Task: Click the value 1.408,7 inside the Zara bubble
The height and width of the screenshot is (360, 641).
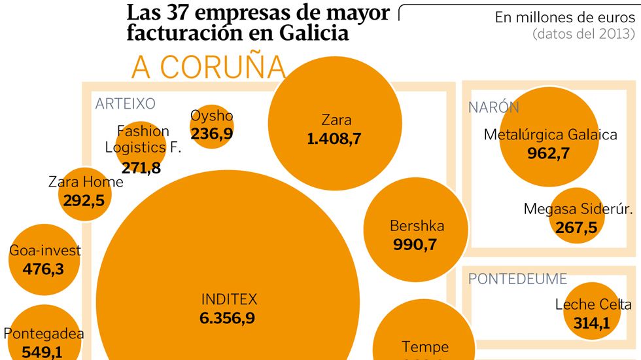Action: (334, 138)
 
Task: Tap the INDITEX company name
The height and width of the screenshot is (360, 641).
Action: (229, 300)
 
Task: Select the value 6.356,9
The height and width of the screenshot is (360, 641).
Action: (228, 318)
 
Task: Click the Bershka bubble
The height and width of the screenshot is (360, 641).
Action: (417, 236)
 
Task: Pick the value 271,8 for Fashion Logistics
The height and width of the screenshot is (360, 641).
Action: (141, 168)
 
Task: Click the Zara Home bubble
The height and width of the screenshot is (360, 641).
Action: (84, 192)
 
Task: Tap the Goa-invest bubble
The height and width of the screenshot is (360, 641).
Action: (44, 259)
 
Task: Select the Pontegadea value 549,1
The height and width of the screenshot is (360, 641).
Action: (43, 351)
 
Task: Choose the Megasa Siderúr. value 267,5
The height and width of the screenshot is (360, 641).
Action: (576, 227)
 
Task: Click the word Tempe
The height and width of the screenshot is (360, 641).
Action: (425, 346)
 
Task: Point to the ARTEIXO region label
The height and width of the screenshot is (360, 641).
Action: (125, 103)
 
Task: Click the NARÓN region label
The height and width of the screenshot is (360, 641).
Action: (493, 108)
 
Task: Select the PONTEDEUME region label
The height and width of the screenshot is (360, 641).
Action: (517, 279)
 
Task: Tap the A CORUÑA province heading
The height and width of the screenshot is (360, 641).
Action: (208, 67)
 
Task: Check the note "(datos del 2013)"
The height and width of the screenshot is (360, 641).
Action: (583, 33)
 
